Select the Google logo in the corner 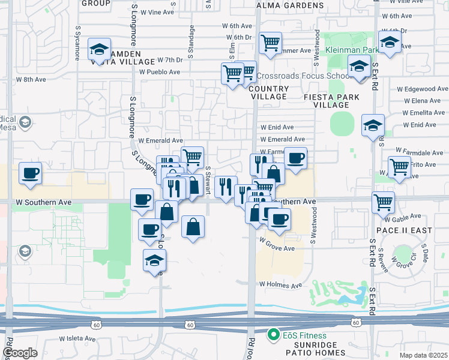point(20,352)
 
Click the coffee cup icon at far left point(30,174)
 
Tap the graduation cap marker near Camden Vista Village point(100,49)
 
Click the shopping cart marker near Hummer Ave point(271,43)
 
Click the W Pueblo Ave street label point(160,72)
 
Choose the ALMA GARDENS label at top point(290,5)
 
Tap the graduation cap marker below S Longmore point(154,261)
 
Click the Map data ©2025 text point(423,355)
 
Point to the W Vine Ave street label point(153,12)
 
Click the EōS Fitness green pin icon point(274,334)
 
